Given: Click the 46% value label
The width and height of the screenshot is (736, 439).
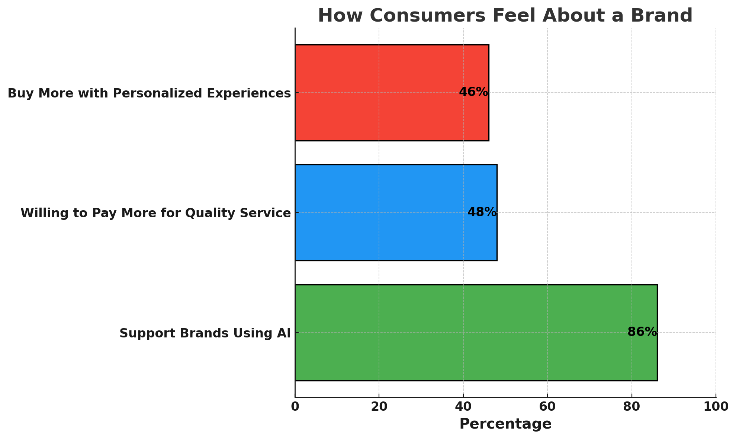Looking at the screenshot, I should point(473,92).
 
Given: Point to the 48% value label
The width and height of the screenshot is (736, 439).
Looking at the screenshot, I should point(482,212).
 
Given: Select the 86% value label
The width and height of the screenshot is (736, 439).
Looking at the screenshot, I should point(642,332).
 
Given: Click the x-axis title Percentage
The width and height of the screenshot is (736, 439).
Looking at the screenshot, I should point(505,424).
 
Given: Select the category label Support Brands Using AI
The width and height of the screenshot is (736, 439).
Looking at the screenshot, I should point(205,333).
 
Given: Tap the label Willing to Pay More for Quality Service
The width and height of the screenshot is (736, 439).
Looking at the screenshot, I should point(155,213).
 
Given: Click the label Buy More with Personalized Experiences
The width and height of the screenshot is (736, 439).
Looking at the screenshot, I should point(149,93).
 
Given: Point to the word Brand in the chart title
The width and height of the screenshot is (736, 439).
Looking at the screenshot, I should point(664,16).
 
